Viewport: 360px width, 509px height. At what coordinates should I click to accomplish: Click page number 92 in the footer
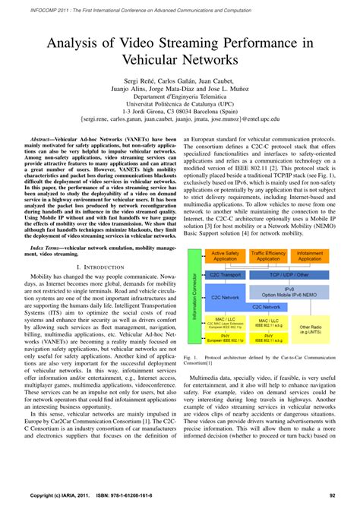332,495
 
